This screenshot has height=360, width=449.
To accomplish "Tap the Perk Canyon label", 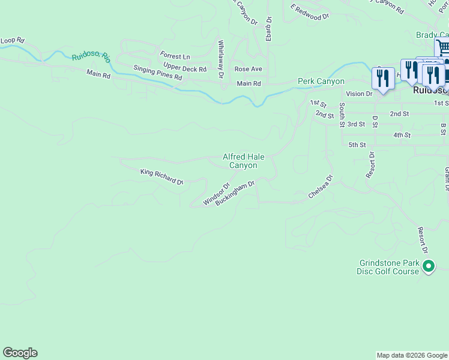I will (x=321, y=81).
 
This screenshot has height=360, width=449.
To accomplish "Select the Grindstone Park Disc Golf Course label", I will (x=388, y=267).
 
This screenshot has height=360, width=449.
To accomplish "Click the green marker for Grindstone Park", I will (x=428, y=266).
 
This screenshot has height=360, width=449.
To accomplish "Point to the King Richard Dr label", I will (x=161, y=176).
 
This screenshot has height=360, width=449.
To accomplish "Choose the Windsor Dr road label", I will (x=217, y=194).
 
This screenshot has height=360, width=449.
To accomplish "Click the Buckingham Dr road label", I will (x=235, y=193).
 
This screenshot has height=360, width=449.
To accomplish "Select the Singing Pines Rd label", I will (x=157, y=73).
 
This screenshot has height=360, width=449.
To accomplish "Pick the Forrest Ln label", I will (x=175, y=56).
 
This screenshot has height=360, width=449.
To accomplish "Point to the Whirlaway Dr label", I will (x=221, y=59).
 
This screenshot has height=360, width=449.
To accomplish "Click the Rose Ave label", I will (x=248, y=70).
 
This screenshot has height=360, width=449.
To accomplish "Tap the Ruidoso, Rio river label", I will (x=91, y=57).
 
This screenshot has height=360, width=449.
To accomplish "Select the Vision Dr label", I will (x=359, y=94).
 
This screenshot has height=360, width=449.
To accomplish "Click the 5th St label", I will (x=357, y=145).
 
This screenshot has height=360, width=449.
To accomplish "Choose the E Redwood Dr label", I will (x=310, y=13).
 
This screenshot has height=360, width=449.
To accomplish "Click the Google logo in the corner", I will (x=20, y=353).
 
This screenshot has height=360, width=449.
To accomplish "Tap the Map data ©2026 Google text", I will (x=412, y=355).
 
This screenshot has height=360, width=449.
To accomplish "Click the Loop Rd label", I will (x=12, y=40).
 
